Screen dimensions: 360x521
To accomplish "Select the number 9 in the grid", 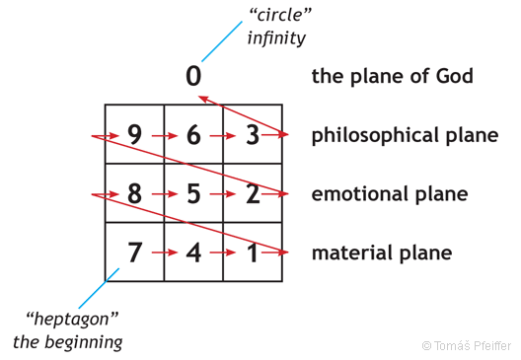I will coord(135,135).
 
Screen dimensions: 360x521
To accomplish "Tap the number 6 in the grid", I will coord(193,135).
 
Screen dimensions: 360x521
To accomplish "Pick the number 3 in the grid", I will coord(252,135).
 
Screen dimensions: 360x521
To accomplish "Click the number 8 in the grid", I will coord(135,193).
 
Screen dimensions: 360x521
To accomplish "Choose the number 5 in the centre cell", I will coord(193,193).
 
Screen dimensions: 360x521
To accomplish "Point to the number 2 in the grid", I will coord(252,193).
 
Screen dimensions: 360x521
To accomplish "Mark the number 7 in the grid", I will coord(135,252).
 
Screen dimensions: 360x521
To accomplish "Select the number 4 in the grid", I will coord(193,252).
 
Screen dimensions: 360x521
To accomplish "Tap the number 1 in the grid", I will coord(252,252).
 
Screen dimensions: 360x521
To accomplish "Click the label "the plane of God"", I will coord(392,76).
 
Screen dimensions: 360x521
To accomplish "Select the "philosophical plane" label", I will coord(405,135).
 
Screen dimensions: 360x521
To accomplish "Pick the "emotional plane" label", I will coord(389,194).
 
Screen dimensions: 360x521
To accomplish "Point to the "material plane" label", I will coord(381,253).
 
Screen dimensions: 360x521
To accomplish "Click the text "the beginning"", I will coord(67,342).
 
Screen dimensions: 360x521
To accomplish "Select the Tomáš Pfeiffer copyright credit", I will coord(467,345).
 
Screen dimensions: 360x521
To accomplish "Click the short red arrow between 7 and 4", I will coord(165,253).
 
